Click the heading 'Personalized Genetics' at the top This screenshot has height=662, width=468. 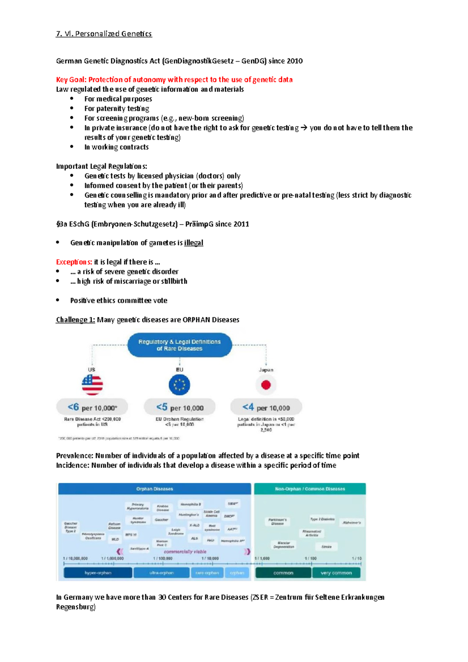pyautogui.click(x=113, y=34)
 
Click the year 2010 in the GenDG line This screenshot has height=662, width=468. pyautogui.click(x=294, y=61)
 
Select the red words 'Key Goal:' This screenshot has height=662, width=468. pyautogui.click(x=71, y=80)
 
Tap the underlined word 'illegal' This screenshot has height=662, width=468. pyautogui.click(x=193, y=242)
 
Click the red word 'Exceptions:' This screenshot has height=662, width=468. pyautogui.click(x=74, y=262)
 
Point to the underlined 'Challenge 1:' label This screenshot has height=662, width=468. pyautogui.click(x=75, y=320)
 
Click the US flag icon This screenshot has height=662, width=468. pyautogui.click(x=92, y=384)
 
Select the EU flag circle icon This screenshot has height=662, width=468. pyautogui.click(x=179, y=385)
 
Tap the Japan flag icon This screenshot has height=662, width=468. pyautogui.click(x=266, y=385)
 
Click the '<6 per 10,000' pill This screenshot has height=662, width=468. pyautogui.click(x=92, y=407)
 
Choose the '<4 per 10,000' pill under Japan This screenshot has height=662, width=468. pyautogui.click(x=266, y=407)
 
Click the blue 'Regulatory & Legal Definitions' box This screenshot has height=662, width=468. pyautogui.click(x=179, y=345)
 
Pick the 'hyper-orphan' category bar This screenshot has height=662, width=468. pyautogui.click(x=98, y=573)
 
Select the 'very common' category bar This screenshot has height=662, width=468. pyautogui.click(x=336, y=573)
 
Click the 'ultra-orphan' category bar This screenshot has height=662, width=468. pyautogui.click(x=161, y=573)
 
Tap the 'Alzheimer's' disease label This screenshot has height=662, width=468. pyautogui.click(x=351, y=522)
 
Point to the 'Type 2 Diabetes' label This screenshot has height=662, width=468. pyautogui.click(x=322, y=519)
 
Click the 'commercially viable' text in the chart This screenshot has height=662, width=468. pyautogui.click(x=185, y=552)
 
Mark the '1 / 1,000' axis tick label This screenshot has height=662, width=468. pyautogui.click(x=262, y=558)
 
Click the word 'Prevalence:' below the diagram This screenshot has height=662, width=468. pyautogui.click(x=74, y=455)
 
